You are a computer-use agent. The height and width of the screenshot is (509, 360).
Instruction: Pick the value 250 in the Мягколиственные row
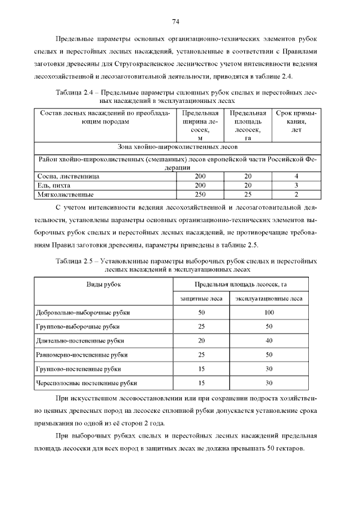coord(200,194)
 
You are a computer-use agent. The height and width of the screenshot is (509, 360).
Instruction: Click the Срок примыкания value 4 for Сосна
coord(296,176)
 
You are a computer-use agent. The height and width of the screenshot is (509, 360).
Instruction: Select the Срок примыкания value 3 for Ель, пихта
coord(296,185)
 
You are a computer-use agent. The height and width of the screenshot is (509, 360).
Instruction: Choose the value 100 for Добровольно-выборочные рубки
coord(269,312)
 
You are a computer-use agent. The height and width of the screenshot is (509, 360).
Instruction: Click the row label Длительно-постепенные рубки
coord(79,340)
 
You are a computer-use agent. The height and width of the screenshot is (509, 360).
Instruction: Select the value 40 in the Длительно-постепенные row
coord(269,340)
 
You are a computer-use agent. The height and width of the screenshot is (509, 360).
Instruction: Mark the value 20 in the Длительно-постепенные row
coord(201,340)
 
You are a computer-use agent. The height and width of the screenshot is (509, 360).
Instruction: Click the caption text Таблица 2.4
coord(75,91)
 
